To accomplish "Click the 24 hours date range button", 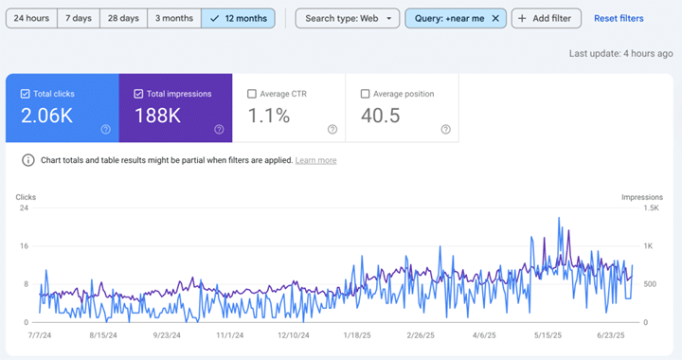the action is click(x=31, y=18).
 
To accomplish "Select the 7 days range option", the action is click(x=79, y=18).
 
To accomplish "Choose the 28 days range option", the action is click(x=123, y=18).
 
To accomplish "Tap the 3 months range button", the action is click(x=174, y=18).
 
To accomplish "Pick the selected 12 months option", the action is click(x=239, y=18).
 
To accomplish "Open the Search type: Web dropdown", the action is click(x=347, y=18).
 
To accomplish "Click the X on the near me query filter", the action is click(x=495, y=18).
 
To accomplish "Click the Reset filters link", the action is click(x=619, y=18).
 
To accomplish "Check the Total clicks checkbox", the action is click(x=26, y=94).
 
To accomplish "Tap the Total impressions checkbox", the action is click(x=138, y=94).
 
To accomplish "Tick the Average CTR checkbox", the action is click(x=251, y=94).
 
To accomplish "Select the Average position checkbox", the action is click(x=365, y=94).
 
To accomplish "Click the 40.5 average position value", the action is click(x=380, y=116).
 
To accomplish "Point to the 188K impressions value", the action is click(x=157, y=116).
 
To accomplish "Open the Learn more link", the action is click(x=315, y=160).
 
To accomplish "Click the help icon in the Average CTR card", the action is click(x=332, y=129).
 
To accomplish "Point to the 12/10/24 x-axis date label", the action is click(x=294, y=335).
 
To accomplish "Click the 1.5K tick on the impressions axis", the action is click(x=651, y=207).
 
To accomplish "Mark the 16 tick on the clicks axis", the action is click(x=24, y=245).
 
